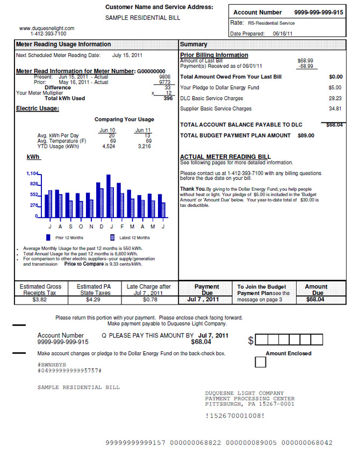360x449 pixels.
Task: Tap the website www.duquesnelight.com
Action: coord(47,28)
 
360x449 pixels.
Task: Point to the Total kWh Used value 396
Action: coord(168,98)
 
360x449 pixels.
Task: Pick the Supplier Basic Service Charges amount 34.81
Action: coord(335,109)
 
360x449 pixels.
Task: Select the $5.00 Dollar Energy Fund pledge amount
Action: coord(335,88)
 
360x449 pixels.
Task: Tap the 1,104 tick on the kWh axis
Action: coord(33,174)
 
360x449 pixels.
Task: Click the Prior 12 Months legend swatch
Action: coord(48,237)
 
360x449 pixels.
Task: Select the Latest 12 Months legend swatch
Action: coord(112,237)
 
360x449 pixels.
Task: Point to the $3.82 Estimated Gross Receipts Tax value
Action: coord(41,300)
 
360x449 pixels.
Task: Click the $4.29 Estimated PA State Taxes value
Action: coord(95,300)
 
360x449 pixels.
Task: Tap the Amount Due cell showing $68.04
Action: coord(316,300)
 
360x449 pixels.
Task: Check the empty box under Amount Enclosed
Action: coord(260,363)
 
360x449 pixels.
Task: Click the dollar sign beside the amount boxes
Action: coord(250,341)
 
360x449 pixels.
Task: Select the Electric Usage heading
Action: coord(38,109)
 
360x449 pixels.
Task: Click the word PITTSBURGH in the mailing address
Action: coord(225,404)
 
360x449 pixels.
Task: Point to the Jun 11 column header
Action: coord(142,130)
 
